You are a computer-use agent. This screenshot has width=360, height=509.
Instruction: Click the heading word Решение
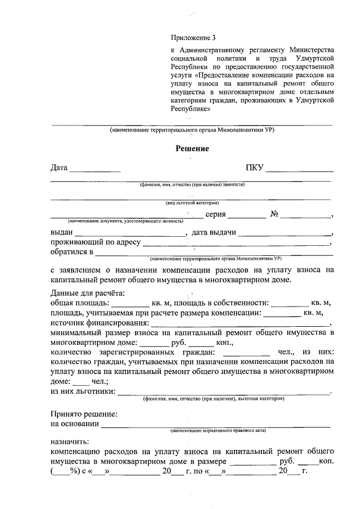point(192,149)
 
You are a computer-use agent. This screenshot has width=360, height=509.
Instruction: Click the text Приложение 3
point(193,38)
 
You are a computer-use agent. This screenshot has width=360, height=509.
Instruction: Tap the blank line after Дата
point(94,169)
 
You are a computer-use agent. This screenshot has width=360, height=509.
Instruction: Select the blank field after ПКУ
point(299,169)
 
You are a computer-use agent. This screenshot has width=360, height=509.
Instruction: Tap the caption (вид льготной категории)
point(192,202)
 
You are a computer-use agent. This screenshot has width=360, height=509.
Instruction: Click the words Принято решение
point(84,414)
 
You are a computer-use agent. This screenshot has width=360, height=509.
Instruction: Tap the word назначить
point(69,442)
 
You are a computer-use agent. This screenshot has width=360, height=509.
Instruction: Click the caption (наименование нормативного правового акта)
point(219,430)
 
